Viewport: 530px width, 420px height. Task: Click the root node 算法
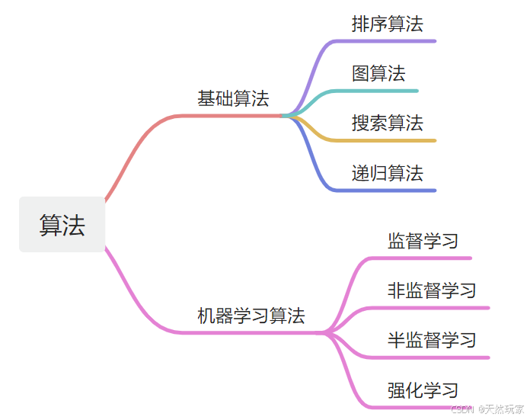click(x=62, y=225)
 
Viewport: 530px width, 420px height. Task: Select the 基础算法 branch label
click(x=233, y=99)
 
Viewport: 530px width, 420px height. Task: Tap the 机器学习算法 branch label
click(x=251, y=316)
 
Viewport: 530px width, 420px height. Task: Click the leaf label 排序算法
click(x=387, y=24)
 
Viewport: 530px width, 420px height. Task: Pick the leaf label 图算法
click(x=378, y=73)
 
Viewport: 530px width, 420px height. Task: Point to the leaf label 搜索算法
click(x=387, y=123)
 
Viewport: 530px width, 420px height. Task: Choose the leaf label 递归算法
click(x=387, y=172)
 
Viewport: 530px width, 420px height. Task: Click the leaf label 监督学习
click(x=423, y=241)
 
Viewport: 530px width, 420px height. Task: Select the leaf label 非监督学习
click(x=432, y=290)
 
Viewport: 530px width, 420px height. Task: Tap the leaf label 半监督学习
click(x=432, y=340)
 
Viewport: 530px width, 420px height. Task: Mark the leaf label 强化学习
click(x=423, y=390)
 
